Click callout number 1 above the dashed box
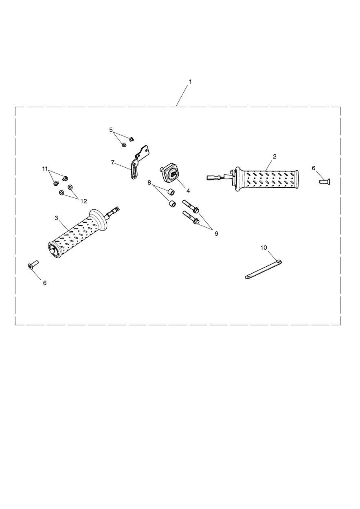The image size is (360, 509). pos(190,82)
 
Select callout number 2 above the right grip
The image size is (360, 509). pos(274,156)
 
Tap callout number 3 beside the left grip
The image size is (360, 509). pos(56,218)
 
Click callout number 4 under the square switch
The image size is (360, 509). pos(187,190)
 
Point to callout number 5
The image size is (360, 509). pos(111,130)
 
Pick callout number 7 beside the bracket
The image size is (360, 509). pos(112,162)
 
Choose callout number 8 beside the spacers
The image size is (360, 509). pos(149,182)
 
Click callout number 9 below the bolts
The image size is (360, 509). pos(216,233)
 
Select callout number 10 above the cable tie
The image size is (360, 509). pos(263,247)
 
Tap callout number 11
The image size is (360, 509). pos(45,168)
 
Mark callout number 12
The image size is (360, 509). pos(83,201)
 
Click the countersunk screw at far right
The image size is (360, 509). pos(324,181)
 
